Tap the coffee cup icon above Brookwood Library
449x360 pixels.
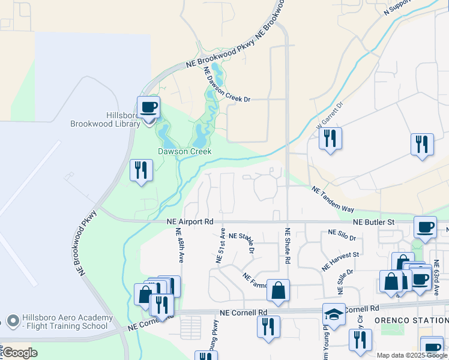pyautogui.click(x=148, y=108)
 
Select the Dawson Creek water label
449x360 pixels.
pyautogui.click(x=184, y=151)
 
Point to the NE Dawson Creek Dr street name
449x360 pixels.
pyautogui.click(x=227, y=85)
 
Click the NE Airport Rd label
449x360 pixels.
pyautogui.click(x=190, y=222)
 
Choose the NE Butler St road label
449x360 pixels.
pyautogui.click(x=373, y=222)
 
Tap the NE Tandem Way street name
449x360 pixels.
pyautogui.click(x=333, y=199)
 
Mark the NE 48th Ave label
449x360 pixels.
pyautogui.click(x=179, y=245)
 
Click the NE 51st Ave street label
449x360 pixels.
pyautogui.click(x=220, y=245)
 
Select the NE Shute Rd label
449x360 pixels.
pyautogui.click(x=287, y=246)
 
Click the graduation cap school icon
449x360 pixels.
pyautogui.click(x=334, y=314)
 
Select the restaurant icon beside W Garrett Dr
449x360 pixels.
pyautogui.click(x=330, y=139)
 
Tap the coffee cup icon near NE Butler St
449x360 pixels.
pyautogui.click(x=425, y=227)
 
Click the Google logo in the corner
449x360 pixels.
pyautogui.click(x=19, y=352)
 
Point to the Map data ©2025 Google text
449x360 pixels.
pyautogui.click(x=412, y=355)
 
